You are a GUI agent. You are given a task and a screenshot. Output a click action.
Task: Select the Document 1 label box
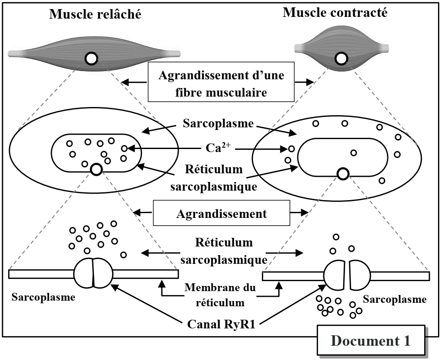[x=370, y=341]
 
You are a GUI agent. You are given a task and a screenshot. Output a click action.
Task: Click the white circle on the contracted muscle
[x=341, y=58]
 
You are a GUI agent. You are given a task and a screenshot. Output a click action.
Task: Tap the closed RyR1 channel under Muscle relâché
[x=93, y=273]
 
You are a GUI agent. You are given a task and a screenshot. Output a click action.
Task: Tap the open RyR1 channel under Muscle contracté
[x=347, y=275]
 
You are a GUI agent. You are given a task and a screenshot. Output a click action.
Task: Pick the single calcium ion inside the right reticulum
[x=354, y=152]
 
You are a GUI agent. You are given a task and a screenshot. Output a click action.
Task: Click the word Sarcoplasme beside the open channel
[x=395, y=299]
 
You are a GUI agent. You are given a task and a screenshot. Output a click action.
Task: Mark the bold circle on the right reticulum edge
[x=343, y=174]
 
